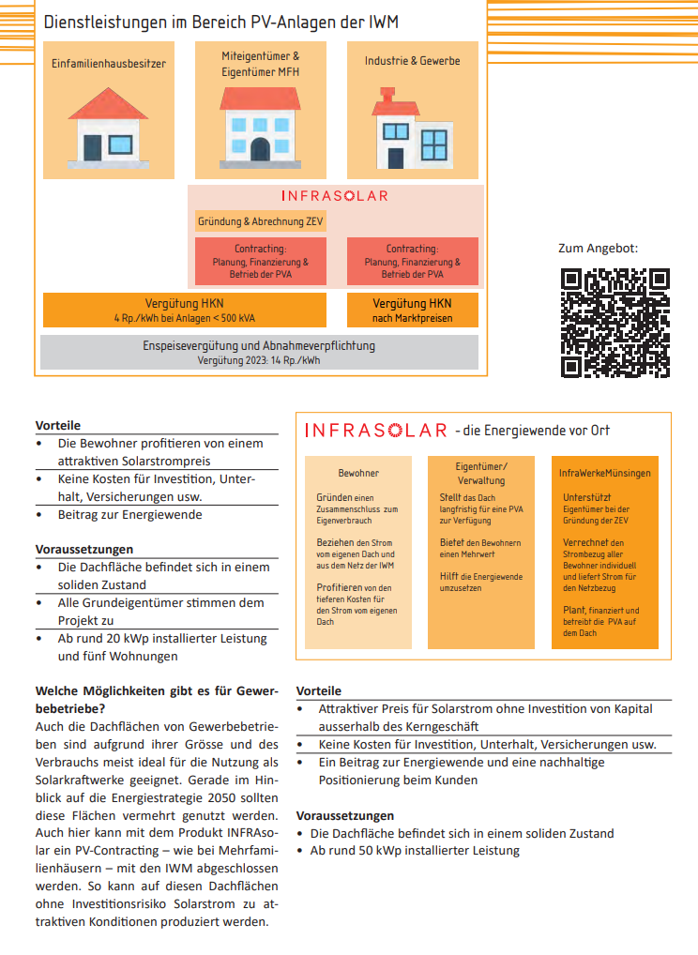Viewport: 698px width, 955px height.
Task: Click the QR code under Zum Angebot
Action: click(615, 323)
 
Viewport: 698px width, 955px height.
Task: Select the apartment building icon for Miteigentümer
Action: click(260, 123)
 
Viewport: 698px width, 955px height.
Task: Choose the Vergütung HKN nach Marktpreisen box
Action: click(412, 311)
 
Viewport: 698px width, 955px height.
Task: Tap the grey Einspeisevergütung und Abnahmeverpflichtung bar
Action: click(260, 352)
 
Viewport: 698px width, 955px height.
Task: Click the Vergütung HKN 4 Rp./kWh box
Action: click(185, 311)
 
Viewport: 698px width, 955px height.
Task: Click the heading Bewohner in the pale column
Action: click(358, 474)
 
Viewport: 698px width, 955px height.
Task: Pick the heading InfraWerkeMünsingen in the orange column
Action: click(604, 474)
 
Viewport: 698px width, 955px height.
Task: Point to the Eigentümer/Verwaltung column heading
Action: click(480, 474)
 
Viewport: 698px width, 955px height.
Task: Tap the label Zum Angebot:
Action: click(598, 249)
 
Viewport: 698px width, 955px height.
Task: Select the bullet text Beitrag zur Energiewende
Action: click(129, 514)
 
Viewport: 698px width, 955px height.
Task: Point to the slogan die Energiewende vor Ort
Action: click(532, 431)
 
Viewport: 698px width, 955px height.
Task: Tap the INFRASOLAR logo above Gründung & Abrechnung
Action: click(334, 196)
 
